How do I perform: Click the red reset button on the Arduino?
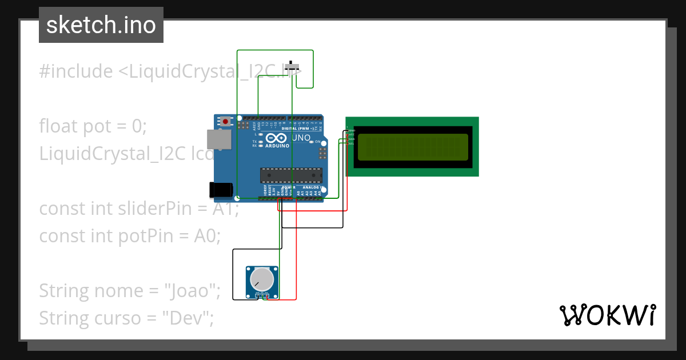coord(226,121)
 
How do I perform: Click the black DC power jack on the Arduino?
coord(221,190)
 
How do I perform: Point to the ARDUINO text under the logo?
coord(277,146)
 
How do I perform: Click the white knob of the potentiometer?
coord(262,279)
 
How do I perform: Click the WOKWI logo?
coord(607,315)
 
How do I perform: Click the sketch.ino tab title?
coord(101,25)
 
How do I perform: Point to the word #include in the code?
coord(76,71)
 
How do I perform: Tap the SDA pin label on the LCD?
coord(352,139)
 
